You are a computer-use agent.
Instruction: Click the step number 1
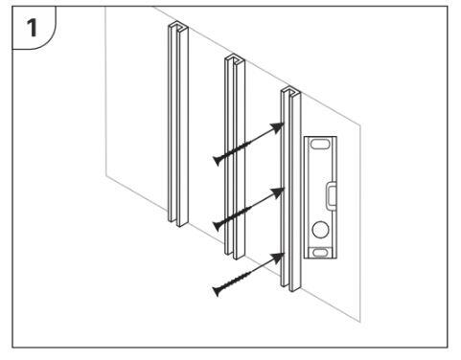32,28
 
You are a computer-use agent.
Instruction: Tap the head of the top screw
218,160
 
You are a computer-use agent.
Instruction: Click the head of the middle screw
218,226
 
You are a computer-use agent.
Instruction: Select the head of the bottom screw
218,291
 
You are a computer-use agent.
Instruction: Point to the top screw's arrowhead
277,127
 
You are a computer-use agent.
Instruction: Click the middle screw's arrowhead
277,192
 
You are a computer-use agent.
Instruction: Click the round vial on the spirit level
320,230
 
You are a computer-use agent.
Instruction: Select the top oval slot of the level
320,145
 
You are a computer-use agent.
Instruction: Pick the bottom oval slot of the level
320,253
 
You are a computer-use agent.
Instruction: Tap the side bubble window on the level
331,195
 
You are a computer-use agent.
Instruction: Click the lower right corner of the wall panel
360,322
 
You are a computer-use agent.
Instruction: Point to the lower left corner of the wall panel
105,176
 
